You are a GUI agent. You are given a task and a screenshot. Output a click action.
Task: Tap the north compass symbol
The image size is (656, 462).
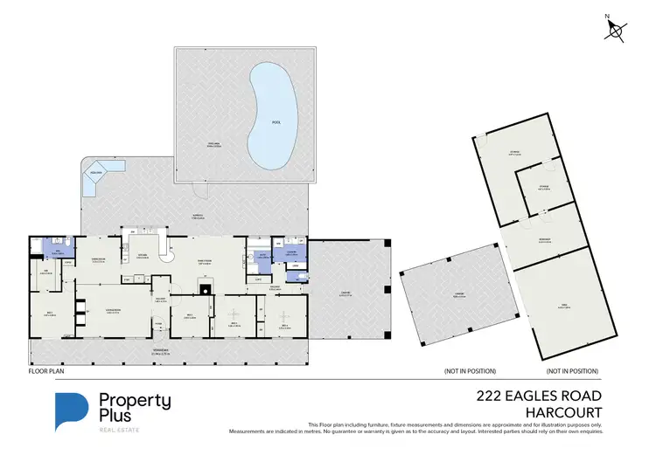(616, 30)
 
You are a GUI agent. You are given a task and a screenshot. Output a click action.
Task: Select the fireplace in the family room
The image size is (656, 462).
(205, 292)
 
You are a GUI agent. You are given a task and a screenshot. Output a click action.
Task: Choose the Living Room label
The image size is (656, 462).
(112, 311)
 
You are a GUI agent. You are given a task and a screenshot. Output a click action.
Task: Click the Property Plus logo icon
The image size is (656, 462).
(73, 411)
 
